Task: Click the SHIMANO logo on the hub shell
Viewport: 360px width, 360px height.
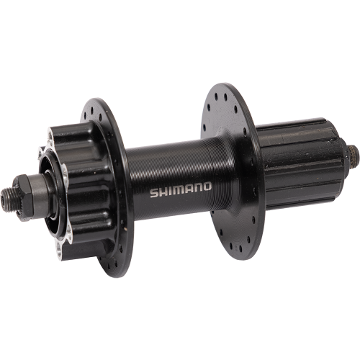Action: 180,190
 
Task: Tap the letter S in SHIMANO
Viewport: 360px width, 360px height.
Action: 153,193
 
